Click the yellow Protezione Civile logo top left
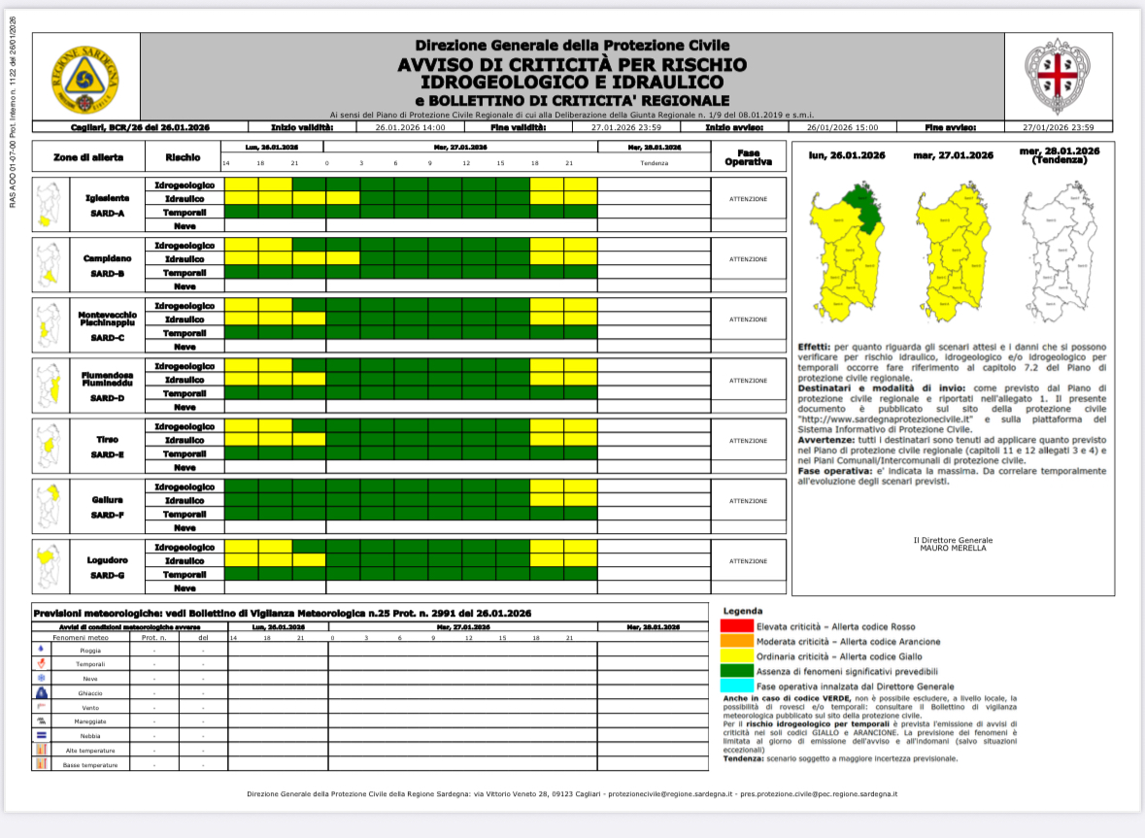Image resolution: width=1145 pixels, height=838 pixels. click(86, 77)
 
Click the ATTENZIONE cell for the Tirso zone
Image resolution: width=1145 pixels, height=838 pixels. click(748, 440)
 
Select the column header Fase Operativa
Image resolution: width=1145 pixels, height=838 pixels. click(748, 156)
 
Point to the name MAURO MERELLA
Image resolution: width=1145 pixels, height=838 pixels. click(953, 549)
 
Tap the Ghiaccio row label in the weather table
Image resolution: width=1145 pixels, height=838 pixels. click(90, 693)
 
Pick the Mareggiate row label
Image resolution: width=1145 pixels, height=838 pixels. click(90, 721)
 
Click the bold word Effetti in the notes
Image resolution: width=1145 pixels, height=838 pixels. click(813, 347)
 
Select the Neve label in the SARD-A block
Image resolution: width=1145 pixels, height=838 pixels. click(185, 225)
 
